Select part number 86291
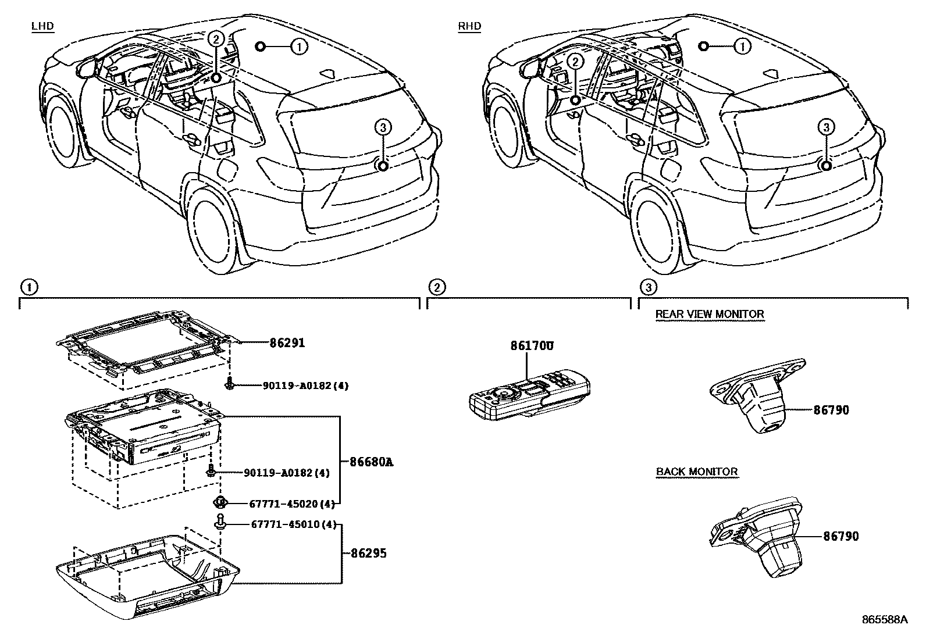(x=287, y=343)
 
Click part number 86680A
(x=372, y=463)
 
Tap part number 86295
(x=368, y=554)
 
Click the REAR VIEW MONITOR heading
(x=709, y=314)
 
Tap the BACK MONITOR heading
(x=696, y=472)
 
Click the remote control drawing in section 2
(x=528, y=398)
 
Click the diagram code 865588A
(x=884, y=620)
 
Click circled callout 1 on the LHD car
(x=298, y=46)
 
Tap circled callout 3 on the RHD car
(x=827, y=127)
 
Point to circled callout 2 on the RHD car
(x=575, y=61)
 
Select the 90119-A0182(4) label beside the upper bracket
(x=294, y=386)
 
